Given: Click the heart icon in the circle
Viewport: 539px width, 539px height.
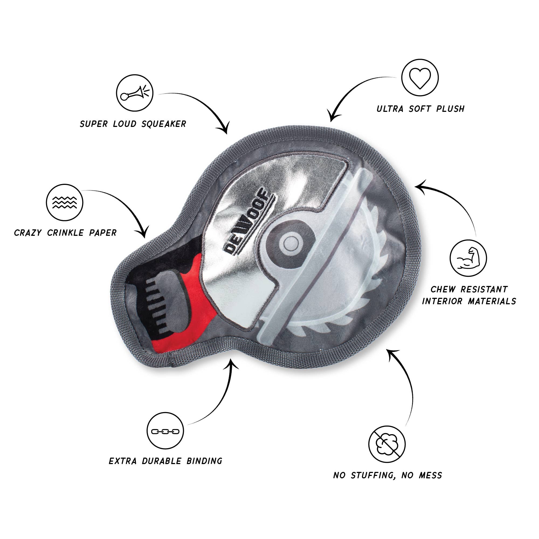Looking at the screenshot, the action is click(x=420, y=78).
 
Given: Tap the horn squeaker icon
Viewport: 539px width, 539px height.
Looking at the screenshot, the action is click(x=135, y=93).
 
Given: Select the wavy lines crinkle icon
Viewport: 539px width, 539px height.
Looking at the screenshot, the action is click(x=65, y=203).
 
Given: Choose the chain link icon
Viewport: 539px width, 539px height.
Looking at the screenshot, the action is click(x=165, y=431).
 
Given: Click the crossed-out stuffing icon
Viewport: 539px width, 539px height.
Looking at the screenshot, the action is click(x=387, y=444).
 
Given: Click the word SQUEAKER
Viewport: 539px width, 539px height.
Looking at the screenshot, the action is click(x=164, y=124).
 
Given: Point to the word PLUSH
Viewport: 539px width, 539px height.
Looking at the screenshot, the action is click(x=450, y=109).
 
